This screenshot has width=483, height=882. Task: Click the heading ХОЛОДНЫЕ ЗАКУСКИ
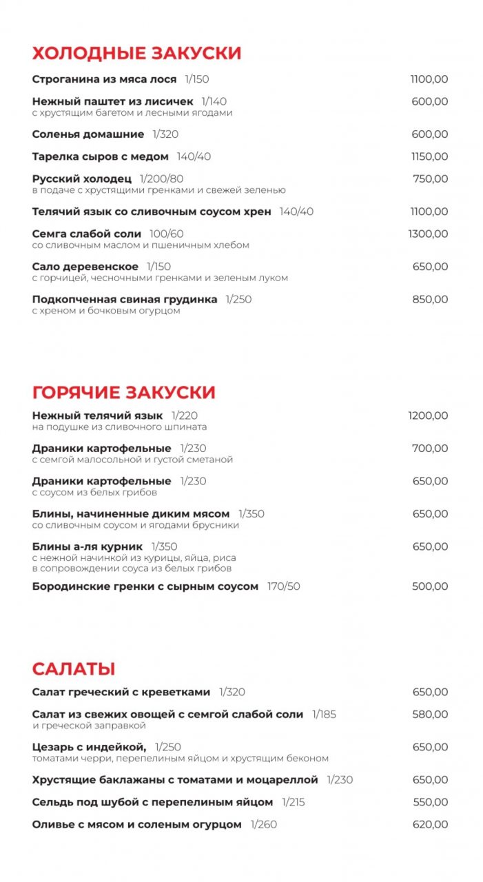[136, 53]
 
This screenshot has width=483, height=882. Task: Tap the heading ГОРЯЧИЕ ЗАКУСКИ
[123, 393]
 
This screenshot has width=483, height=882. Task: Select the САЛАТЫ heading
[73, 668]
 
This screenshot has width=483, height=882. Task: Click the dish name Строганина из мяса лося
[104, 79]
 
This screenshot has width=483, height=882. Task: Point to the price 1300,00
[428, 234]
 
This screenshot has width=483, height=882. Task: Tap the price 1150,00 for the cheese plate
[429, 157]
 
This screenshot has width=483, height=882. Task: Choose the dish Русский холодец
[81, 179]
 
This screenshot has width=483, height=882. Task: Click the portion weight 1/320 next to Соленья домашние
[165, 134]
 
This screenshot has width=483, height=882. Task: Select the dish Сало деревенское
[85, 267]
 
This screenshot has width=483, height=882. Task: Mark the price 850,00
[430, 300]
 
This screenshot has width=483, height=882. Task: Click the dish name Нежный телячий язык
[97, 416]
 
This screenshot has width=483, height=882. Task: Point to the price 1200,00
[428, 416]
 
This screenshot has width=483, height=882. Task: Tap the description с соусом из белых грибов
[94, 493]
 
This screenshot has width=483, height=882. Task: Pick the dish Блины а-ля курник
[87, 546]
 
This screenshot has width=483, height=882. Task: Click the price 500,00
[430, 586]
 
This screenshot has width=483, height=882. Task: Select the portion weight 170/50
[284, 586]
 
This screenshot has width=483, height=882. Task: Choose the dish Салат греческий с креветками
[121, 692]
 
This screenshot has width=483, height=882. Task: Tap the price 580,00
[430, 715]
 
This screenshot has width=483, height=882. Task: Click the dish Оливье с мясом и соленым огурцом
[136, 824]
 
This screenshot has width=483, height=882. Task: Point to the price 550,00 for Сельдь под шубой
[430, 802]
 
